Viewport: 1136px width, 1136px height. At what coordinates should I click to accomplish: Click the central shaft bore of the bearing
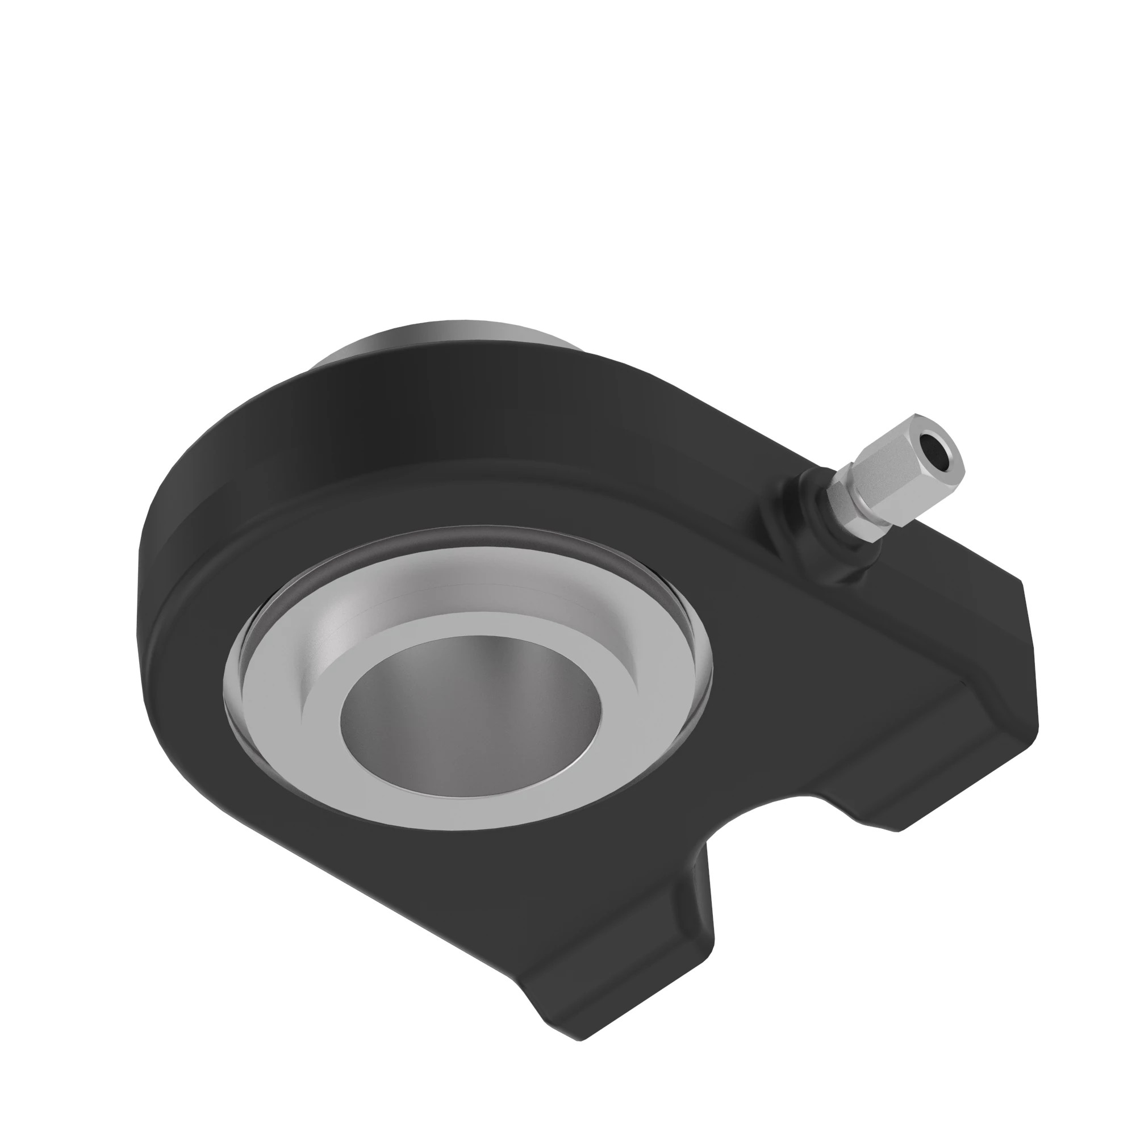[470, 712]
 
